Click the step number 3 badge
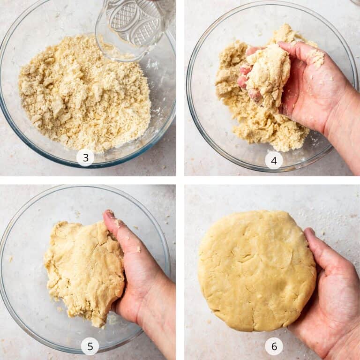(x=85, y=157)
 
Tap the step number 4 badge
(x=274, y=161)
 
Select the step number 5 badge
(x=90, y=346)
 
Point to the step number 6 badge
(x=274, y=346)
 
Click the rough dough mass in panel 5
(x=84, y=271)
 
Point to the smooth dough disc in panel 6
(x=256, y=271)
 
